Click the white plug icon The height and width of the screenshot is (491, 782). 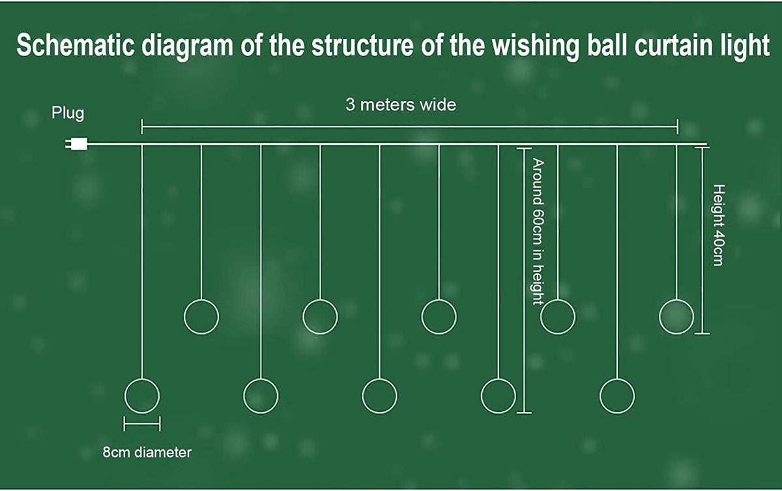[76, 144]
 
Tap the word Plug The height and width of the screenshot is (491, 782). [68, 113]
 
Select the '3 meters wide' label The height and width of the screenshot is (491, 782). [401, 105]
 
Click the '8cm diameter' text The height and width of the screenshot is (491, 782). [147, 453]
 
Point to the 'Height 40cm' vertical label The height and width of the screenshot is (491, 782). [718, 225]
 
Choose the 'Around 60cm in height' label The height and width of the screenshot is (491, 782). [538, 231]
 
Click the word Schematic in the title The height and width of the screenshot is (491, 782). [76, 45]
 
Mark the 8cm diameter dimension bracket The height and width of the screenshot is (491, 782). [142, 424]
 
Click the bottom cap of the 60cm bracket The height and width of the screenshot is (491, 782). [524, 413]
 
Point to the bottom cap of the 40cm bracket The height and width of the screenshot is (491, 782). [702, 333]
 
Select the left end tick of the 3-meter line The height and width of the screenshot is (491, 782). [142, 126]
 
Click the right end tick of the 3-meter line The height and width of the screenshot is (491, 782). [678, 126]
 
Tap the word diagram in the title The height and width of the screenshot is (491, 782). [187, 46]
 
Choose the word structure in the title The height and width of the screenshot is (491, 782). [362, 45]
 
